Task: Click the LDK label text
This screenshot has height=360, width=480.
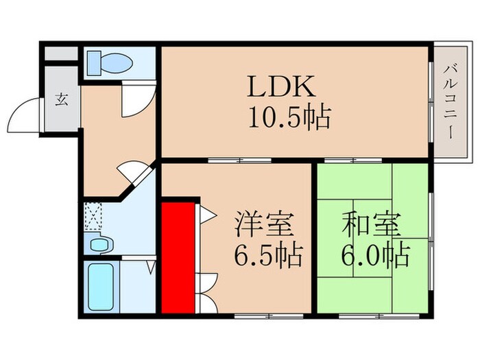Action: point(281,87)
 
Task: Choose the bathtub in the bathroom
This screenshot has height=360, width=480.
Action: point(101,286)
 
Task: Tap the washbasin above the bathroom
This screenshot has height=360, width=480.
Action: point(99,243)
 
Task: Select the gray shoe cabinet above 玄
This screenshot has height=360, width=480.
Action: point(62,53)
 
